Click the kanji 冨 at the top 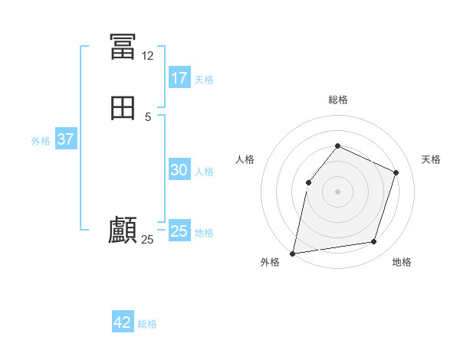[x=123, y=47]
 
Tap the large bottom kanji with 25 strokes [x=123, y=231]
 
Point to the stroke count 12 [x=147, y=56]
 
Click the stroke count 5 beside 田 [x=148, y=116]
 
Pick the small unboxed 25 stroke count [x=147, y=240]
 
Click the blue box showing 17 [x=179, y=77]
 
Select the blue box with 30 [x=179, y=170]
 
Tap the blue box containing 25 [x=179, y=231]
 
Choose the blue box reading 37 [x=65, y=139]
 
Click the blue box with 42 [x=123, y=322]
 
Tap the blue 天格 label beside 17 [x=204, y=79]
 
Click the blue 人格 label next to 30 [x=204, y=172]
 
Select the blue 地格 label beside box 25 [x=204, y=232]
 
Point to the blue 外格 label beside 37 [x=41, y=141]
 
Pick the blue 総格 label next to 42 [x=147, y=324]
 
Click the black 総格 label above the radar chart [x=337, y=100]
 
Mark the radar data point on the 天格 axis [x=396, y=172]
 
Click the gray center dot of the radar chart [x=337, y=191]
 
